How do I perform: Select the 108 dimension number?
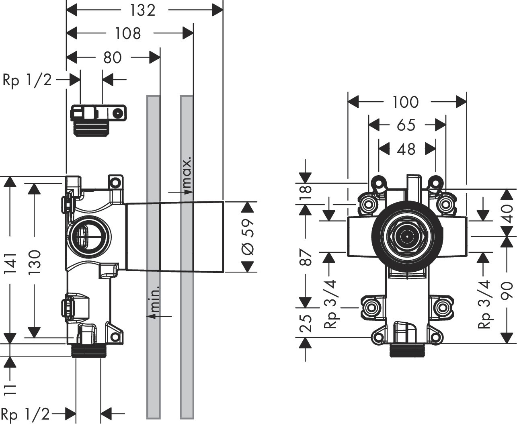(x=128, y=33)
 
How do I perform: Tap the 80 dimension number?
(x=112, y=57)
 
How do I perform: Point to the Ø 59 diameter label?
(x=248, y=237)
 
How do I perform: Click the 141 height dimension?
(x=10, y=264)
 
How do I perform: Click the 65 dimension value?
(x=406, y=125)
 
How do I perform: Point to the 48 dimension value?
(x=406, y=149)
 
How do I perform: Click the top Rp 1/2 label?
(x=27, y=80)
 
